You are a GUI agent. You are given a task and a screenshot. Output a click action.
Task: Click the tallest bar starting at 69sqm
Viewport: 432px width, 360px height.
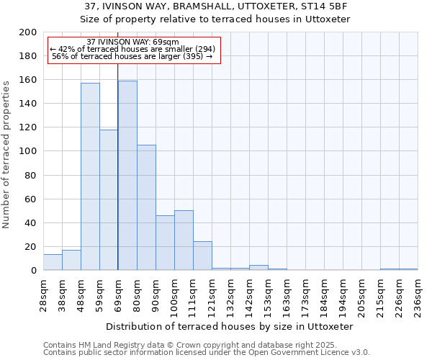127,176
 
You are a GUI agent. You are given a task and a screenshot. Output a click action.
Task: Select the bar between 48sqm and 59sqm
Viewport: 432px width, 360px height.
90,176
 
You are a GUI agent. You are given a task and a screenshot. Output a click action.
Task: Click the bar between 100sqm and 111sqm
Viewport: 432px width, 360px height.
184,240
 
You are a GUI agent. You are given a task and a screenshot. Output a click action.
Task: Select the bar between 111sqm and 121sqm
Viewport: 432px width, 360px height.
202,256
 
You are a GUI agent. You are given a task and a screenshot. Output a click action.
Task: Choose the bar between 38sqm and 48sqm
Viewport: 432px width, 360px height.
71,260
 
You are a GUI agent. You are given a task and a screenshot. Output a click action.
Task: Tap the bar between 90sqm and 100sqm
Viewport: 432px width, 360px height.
165,243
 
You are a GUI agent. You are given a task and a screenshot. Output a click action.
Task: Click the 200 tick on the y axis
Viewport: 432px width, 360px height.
28,32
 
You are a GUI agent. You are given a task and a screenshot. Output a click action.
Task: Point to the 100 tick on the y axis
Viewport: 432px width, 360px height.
28,151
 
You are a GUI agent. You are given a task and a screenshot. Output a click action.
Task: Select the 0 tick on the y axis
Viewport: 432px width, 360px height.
33,271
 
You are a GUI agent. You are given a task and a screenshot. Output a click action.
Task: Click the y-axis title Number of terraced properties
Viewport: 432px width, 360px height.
6,154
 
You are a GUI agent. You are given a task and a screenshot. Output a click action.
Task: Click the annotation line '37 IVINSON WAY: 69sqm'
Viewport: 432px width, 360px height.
132,42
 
